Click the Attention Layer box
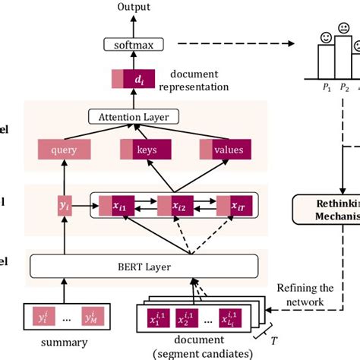133,116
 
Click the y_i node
64,205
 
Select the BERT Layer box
133,267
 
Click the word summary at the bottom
64,342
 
